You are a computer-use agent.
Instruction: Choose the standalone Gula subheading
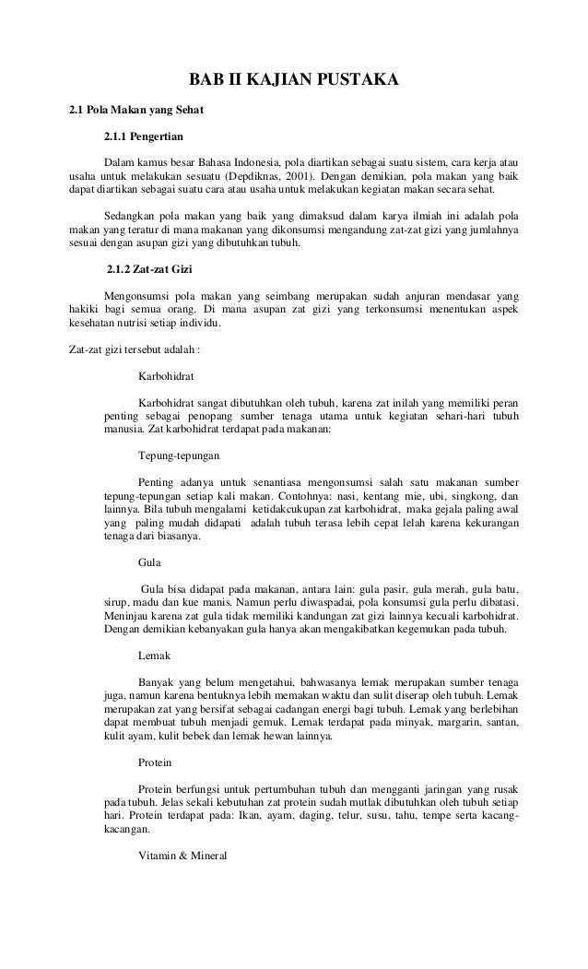(x=147, y=561)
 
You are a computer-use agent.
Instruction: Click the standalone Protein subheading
(x=155, y=764)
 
